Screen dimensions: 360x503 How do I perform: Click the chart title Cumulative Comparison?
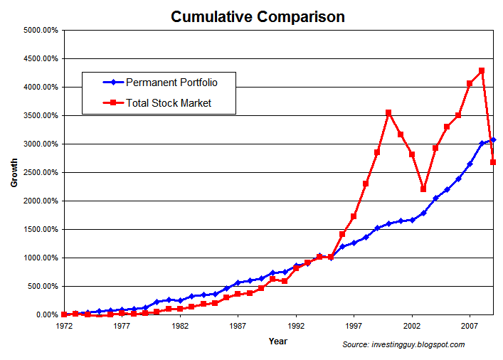(x=258, y=16)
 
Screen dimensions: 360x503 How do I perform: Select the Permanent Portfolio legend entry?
(x=171, y=82)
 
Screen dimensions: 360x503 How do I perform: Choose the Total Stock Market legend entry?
(x=169, y=103)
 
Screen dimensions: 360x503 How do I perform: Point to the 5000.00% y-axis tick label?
(x=40, y=31)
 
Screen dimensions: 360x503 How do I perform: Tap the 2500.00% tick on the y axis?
(x=40, y=173)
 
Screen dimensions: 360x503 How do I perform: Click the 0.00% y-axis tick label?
(x=46, y=315)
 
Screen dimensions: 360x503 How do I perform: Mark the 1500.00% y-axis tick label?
(x=40, y=230)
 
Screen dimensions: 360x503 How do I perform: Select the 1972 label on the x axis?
(x=64, y=328)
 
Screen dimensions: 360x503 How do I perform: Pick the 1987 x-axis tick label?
(x=238, y=328)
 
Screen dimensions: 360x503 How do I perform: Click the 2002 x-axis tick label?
(x=411, y=328)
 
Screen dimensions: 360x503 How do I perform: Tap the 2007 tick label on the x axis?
(x=470, y=328)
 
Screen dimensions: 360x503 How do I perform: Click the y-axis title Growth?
(x=14, y=173)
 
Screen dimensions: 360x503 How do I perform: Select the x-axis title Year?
(x=278, y=342)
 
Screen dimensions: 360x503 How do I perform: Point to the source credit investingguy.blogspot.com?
(x=403, y=345)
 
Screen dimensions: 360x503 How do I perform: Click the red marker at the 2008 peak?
(x=482, y=70)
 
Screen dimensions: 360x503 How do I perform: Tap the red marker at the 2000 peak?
(x=388, y=112)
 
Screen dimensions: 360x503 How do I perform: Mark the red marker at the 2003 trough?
(x=423, y=189)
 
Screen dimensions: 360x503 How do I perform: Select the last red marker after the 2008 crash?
(x=493, y=162)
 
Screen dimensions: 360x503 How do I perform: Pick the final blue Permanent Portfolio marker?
(x=493, y=140)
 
